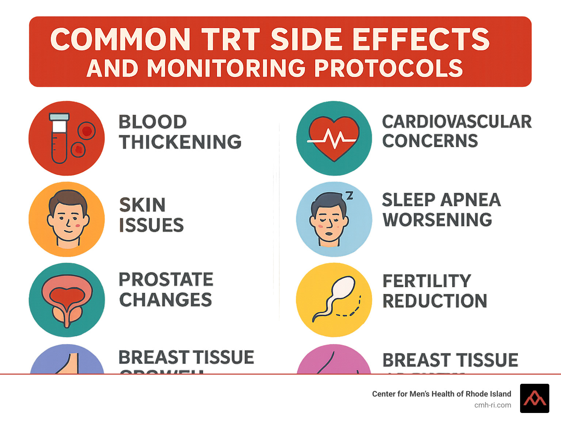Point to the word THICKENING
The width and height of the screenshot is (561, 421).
[180, 142]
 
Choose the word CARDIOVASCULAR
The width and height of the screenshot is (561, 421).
[457, 122]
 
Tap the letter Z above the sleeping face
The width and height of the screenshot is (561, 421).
[350, 196]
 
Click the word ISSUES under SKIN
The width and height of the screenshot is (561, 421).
[151, 225]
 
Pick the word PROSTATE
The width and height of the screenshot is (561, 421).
[166, 280]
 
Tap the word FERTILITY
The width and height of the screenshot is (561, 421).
[427, 281]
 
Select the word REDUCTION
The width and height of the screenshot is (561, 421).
[435, 301]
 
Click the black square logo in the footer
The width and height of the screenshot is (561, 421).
[534, 398]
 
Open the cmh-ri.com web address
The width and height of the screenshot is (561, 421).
[492, 405]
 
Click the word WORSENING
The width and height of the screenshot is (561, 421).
[437, 220]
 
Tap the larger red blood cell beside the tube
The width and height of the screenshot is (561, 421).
[87, 131]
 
